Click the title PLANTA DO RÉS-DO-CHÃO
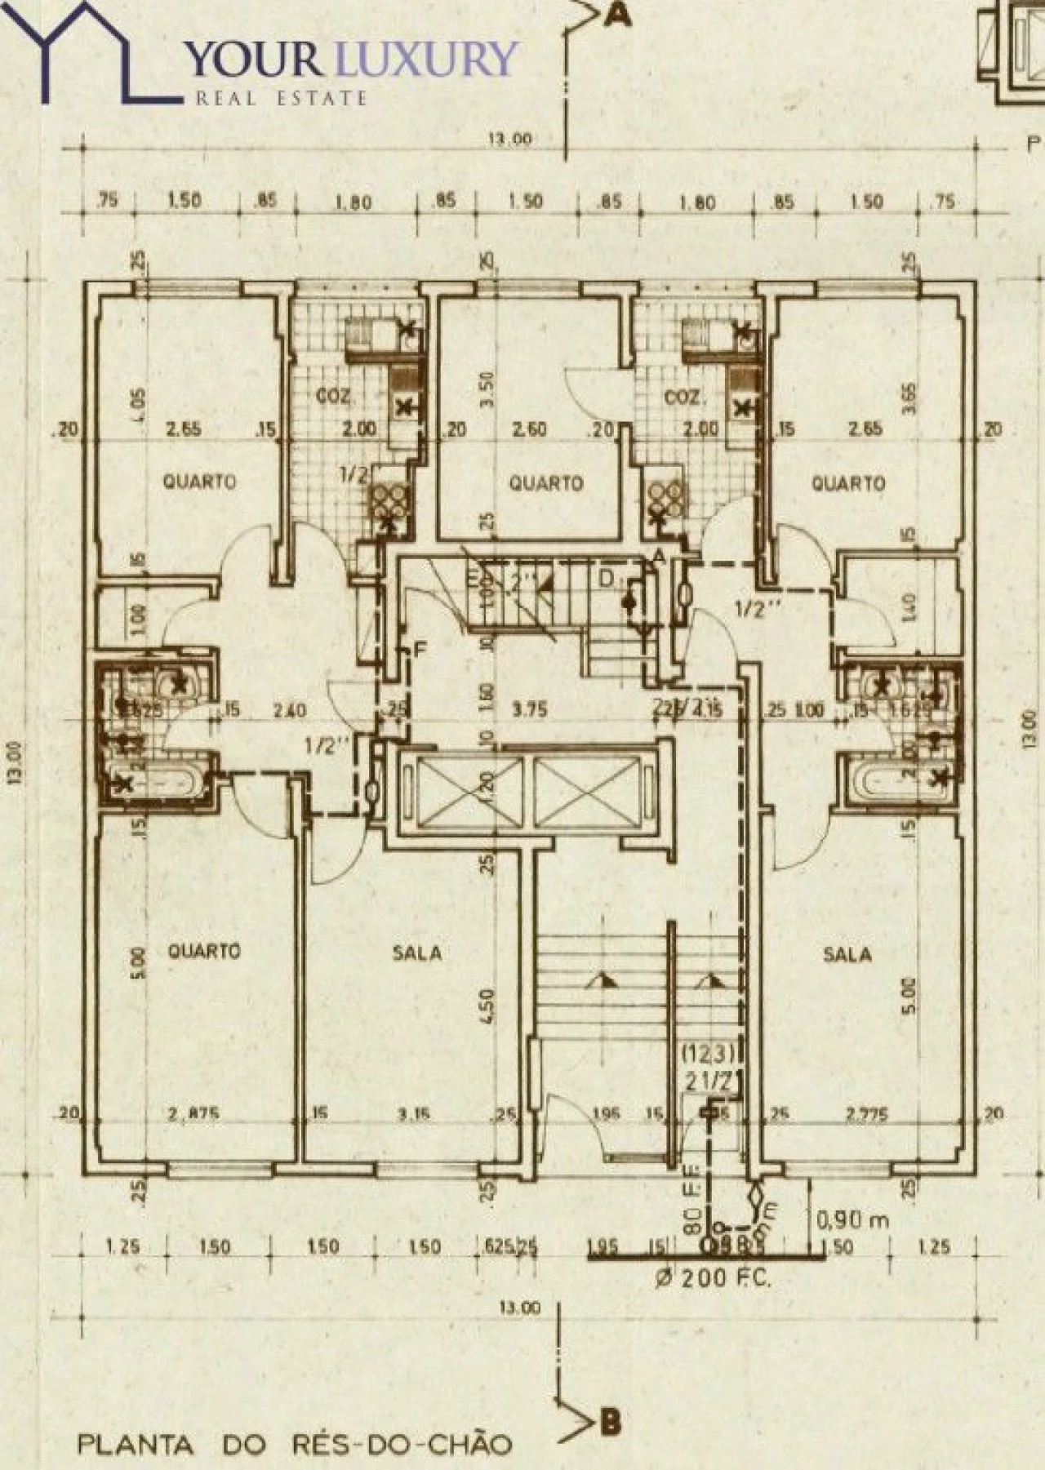click(295, 1445)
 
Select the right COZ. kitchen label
click(680, 397)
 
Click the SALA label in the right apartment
click(847, 953)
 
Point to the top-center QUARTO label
click(546, 483)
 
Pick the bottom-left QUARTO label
click(204, 951)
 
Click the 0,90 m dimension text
click(852, 1221)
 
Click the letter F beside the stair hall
click(420, 651)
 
